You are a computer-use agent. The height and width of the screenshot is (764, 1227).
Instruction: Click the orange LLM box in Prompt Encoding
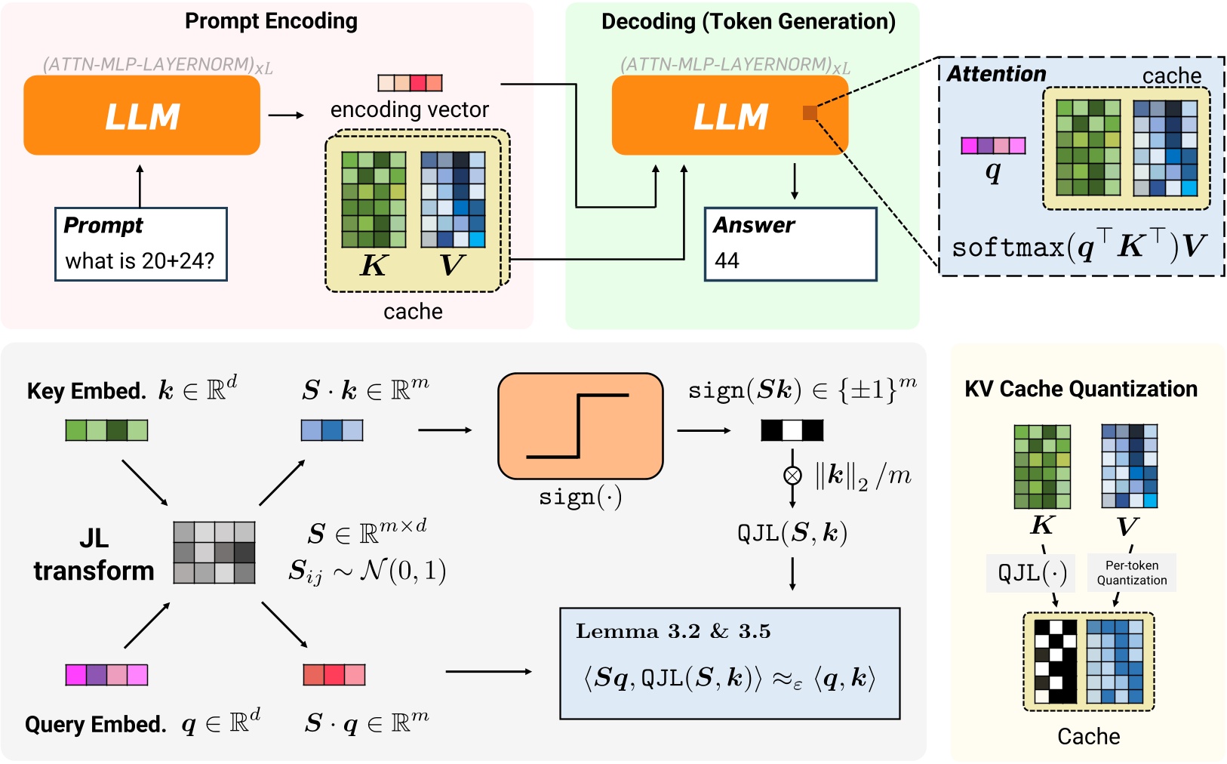click(x=142, y=116)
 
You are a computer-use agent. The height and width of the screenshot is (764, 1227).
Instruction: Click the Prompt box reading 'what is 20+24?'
click(x=141, y=245)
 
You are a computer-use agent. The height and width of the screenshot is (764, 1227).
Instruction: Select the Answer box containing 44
click(x=790, y=245)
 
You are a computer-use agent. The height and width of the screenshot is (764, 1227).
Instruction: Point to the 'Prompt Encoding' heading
click(x=271, y=21)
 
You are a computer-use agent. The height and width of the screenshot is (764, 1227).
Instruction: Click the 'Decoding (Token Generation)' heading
click(x=748, y=21)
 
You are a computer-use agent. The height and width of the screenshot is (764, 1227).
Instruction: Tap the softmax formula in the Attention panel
click(x=1079, y=246)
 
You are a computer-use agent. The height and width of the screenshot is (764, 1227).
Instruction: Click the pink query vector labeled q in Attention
click(x=993, y=146)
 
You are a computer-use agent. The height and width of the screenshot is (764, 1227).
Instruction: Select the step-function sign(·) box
click(x=580, y=427)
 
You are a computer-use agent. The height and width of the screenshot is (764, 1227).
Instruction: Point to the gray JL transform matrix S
click(x=214, y=553)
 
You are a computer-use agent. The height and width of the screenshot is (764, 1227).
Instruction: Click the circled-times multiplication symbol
click(x=792, y=476)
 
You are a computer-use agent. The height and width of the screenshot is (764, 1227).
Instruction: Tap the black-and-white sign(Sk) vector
click(x=792, y=430)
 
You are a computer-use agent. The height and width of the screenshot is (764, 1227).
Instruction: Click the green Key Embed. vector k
click(x=106, y=430)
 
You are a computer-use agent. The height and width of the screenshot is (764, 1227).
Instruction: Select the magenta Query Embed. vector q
click(x=106, y=674)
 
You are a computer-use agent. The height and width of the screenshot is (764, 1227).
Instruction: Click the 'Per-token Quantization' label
click(x=1131, y=573)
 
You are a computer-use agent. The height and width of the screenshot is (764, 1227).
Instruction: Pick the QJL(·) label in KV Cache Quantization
click(x=1032, y=573)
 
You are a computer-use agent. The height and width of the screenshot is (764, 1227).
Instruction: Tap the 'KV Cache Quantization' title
click(x=1081, y=389)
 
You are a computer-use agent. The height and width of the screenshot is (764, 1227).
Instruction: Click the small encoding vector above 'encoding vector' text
click(x=410, y=83)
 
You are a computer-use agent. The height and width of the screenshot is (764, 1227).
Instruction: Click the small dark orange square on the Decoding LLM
click(x=810, y=113)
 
